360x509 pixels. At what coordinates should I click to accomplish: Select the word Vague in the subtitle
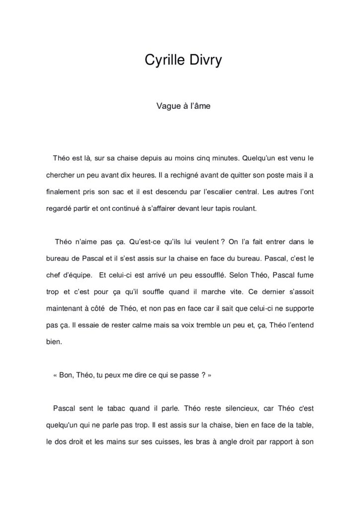point(167,106)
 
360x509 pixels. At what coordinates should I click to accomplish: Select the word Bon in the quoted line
point(66,376)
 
